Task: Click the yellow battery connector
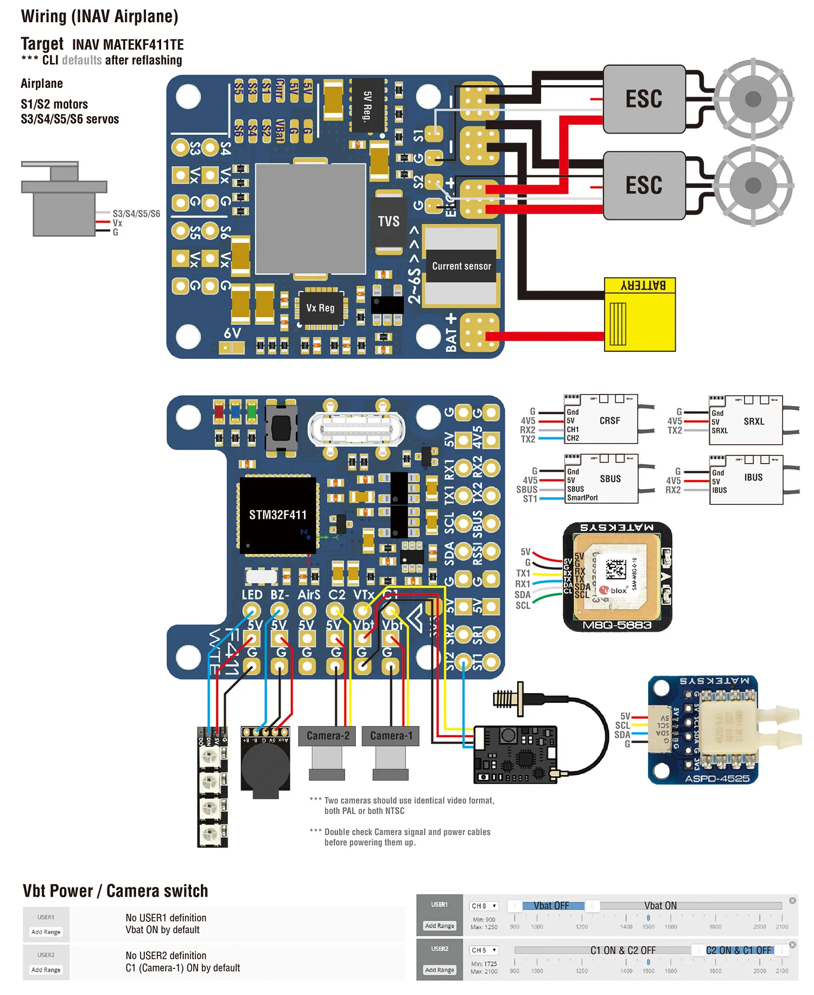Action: tap(640, 315)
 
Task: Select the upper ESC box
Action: tap(644, 99)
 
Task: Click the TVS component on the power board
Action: tap(389, 221)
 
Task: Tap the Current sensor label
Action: tap(461, 266)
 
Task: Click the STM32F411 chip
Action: tap(278, 515)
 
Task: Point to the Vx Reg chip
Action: tap(320, 308)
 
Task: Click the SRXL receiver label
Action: tap(754, 421)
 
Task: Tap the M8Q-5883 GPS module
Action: tap(617, 578)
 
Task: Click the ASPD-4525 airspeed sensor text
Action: tap(717, 778)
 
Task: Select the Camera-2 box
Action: tap(327, 736)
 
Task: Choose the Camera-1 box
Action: tap(391, 736)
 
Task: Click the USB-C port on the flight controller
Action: tap(356, 429)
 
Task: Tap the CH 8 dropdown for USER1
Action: tap(484, 906)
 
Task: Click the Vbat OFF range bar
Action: tap(552, 905)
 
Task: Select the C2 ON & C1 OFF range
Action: tap(738, 950)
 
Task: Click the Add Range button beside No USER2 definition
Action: tap(46, 969)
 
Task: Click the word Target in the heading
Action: tap(42, 44)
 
